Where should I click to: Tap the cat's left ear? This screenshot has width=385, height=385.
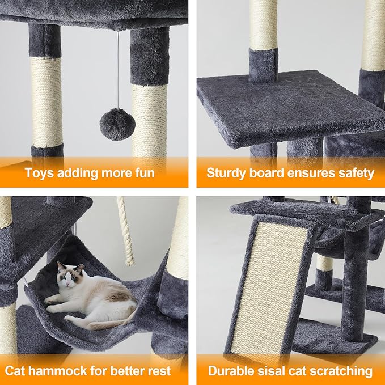click(61, 266)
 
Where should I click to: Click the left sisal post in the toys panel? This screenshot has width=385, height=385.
click(46, 102)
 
